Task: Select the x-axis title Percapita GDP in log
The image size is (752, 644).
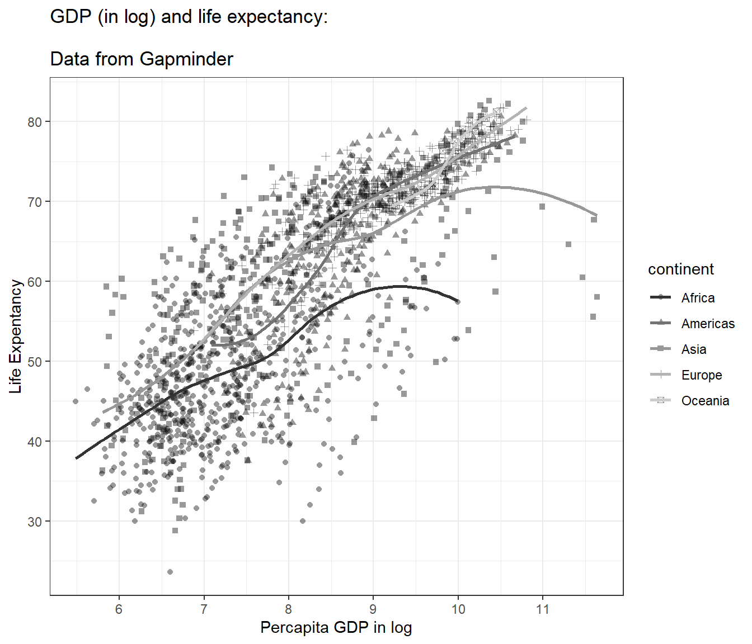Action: (x=336, y=627)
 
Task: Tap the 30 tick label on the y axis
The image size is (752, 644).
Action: (x=35, y=522)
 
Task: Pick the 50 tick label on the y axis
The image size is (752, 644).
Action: (x=35, y=362)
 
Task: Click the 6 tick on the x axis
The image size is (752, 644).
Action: (x=119, y=609)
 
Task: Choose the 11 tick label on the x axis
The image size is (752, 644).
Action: (x=542, y=609)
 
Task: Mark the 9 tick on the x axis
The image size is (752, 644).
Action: (x=373, y=609)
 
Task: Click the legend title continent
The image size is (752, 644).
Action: (x=680, y=269)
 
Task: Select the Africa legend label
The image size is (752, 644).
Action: (x=698, y=298)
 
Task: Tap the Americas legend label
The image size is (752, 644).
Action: (x=708, y=324)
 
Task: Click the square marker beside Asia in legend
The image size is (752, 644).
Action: (x=661, y=349)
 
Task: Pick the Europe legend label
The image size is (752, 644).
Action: (x=702, y=375)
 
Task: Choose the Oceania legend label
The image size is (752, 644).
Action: (x=705, y=401)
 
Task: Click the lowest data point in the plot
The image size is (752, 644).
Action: (x=170, y=572)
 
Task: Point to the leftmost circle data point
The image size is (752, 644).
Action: (x=76, y=401)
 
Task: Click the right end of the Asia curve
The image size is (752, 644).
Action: (x=596, y=215)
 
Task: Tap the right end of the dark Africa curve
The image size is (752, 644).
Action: (x=458, y=301)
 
